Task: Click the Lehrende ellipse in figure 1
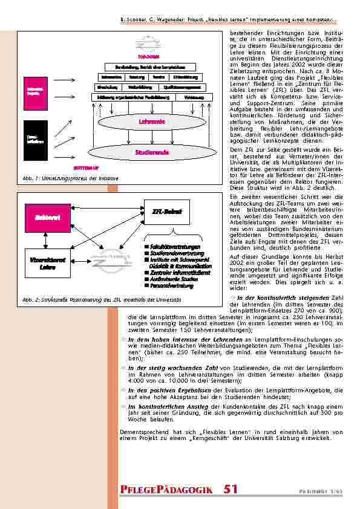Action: coord(152,122)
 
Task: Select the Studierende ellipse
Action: coord(152,153)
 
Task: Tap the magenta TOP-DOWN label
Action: coord(146,57)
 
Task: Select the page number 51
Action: coord(230,490)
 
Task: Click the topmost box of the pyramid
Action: coord(147,66)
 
